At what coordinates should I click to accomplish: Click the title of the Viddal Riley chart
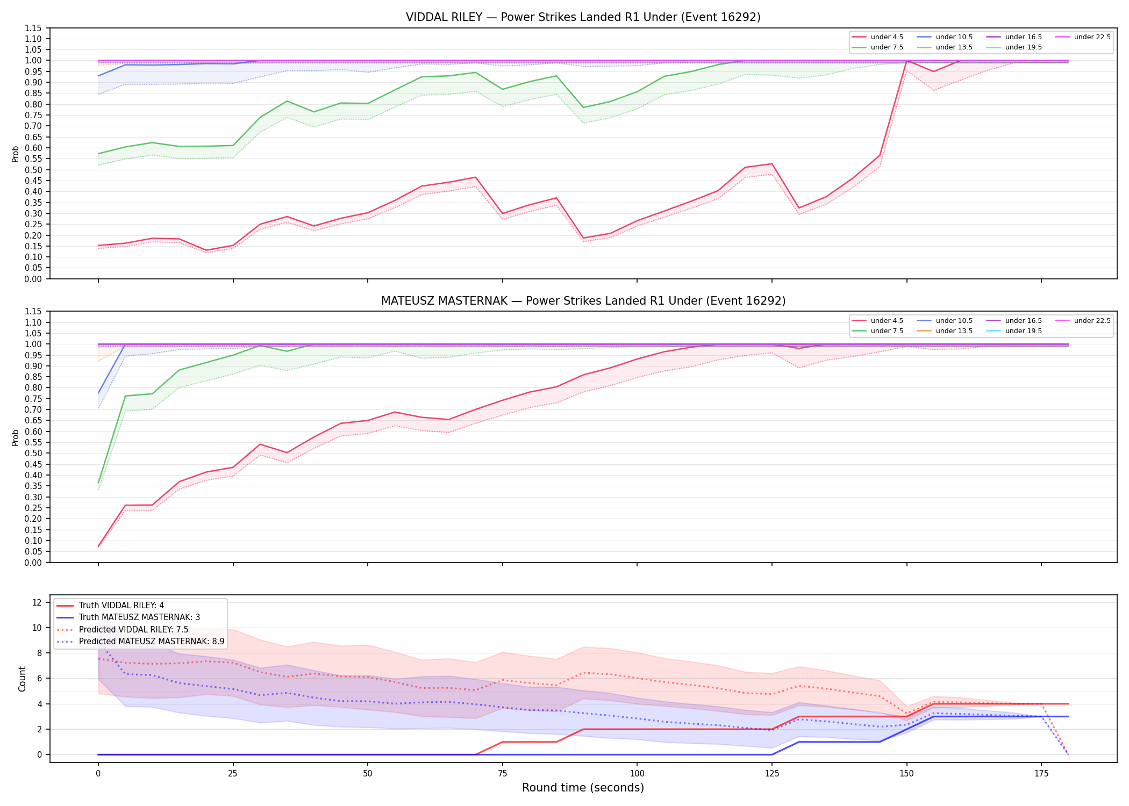click(583, 17)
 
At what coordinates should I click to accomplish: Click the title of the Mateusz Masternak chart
click(583, 301)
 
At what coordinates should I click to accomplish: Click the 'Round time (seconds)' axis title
click(583, 788)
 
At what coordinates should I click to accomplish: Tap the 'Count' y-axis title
click(22, 679)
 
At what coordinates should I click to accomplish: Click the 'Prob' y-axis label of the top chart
click(16, 154)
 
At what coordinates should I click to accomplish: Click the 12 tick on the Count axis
click(37, 602)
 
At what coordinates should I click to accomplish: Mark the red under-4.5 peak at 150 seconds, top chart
click(907, 61)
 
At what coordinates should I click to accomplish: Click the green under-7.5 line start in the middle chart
click(98, 483)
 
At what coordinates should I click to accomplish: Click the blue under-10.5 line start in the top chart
click(98, 76)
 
